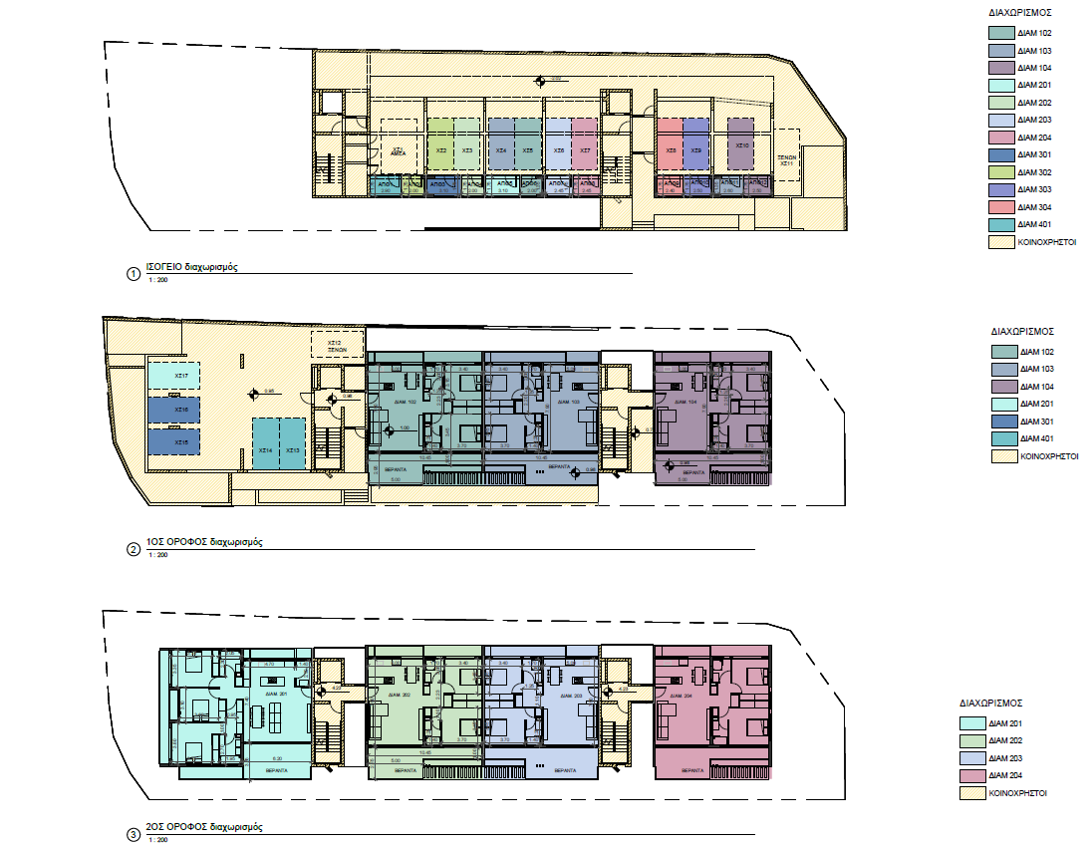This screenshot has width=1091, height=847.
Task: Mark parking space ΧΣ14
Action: tap(265, 450)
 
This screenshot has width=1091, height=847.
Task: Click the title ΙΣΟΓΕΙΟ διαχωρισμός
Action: tap(192, 268)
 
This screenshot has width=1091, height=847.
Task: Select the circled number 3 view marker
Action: tap(134, 834)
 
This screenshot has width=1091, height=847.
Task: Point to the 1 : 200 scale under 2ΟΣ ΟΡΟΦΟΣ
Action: tap(157, 842)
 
